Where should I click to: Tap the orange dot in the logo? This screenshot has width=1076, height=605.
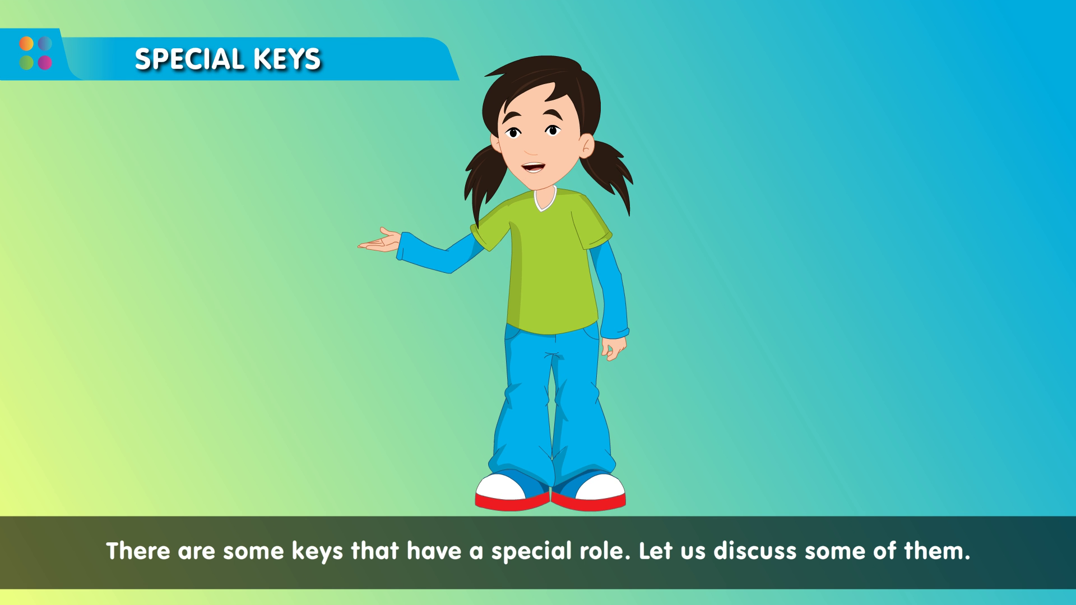(x=26, y=44)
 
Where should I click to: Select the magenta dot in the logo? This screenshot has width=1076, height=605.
(x=45, y=62)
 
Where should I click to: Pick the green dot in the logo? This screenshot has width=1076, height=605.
(x=26, y=62)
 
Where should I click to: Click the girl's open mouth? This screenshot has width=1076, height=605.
(x=532, y=167)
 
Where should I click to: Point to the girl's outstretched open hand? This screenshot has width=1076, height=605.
(x=380, y=240)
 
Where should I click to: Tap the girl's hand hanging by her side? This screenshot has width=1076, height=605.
(x=613, y=348)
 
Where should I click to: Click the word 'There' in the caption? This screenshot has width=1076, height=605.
(x=138, y=551)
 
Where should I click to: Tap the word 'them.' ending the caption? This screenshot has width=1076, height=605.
(x=937, y=551)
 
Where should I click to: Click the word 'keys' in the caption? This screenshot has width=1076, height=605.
(x=317, y=551)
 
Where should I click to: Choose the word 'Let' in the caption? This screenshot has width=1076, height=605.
(x=656, y=551)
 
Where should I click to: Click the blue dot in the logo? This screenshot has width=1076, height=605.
(x=45, y=44)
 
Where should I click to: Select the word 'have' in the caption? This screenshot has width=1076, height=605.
(x=434, y=551)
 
